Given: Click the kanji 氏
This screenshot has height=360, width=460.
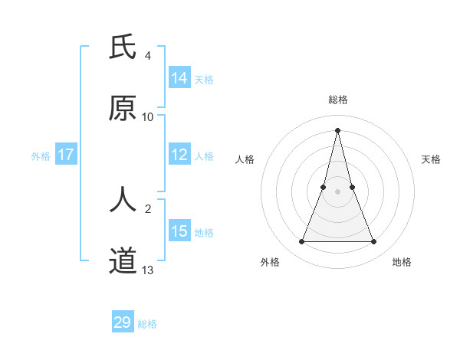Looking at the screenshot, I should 123,48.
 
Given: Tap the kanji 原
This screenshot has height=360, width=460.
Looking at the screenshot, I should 123,109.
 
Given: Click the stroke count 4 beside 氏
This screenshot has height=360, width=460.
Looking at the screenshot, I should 148,56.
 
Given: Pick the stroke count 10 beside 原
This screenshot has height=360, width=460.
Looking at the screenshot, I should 148,117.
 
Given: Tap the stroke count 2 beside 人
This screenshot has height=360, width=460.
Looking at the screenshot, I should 148,208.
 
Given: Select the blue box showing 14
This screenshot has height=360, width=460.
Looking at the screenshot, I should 179,77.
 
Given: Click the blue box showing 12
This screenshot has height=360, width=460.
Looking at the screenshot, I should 179,155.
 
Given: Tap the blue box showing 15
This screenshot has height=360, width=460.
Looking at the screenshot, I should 179,231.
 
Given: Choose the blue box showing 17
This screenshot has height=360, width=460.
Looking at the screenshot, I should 66,155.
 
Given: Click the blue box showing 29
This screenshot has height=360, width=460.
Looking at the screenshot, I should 123,322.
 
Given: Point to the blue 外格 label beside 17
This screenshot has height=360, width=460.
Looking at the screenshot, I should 41,155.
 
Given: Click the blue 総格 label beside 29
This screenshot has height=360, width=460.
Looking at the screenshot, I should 147,324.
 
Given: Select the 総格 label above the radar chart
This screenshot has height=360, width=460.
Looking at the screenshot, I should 338,100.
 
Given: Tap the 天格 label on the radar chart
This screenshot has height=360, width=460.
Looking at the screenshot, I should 431,159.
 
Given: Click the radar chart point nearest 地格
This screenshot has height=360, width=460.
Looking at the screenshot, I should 374,242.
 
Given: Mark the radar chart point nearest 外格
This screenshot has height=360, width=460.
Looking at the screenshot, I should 301,242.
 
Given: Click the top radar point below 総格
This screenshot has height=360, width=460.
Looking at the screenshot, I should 337,129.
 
